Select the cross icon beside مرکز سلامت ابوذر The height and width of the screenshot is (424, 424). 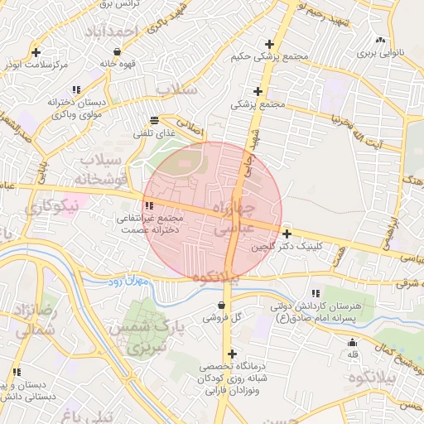pos(36,52)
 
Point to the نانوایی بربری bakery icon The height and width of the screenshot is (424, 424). pos(380,40)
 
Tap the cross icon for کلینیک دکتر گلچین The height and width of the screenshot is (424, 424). pos(287,234)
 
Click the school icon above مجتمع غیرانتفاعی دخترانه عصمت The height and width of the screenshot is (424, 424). pos(149,205)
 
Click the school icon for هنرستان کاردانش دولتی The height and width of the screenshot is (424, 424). pos(315,293)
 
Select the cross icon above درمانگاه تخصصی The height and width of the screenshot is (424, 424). pos(231,354)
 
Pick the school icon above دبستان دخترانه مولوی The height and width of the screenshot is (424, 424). pos(76,89)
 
